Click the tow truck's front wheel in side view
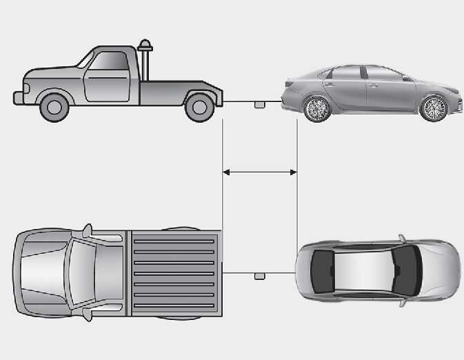click(54, 106)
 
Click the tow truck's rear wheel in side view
click(199, 106)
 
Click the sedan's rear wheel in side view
click(317, 108)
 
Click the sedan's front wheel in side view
click(434, 108)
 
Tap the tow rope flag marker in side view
click(259, 104)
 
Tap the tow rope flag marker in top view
click(259, 276)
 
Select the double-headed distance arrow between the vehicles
click(260, 172)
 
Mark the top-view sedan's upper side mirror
click(401, 239)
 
